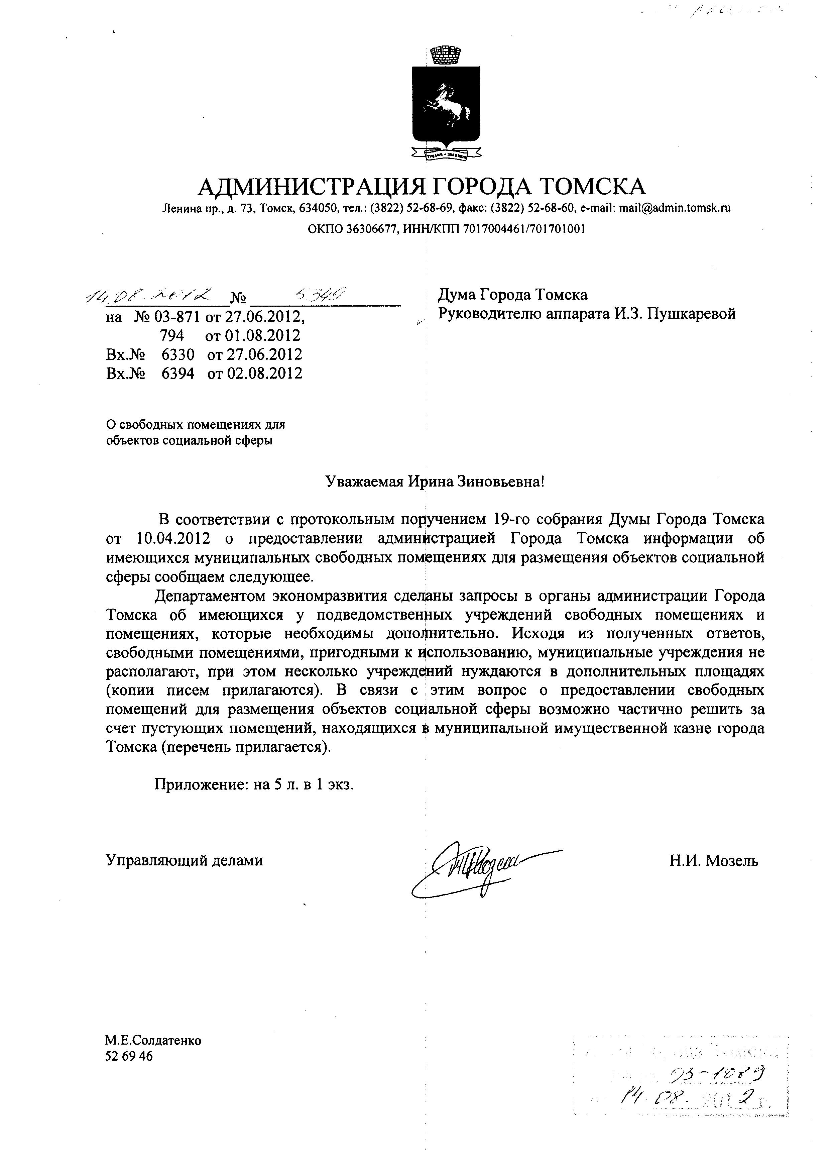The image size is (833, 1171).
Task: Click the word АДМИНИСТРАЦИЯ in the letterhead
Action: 312,187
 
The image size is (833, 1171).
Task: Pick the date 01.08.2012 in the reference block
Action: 252,336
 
